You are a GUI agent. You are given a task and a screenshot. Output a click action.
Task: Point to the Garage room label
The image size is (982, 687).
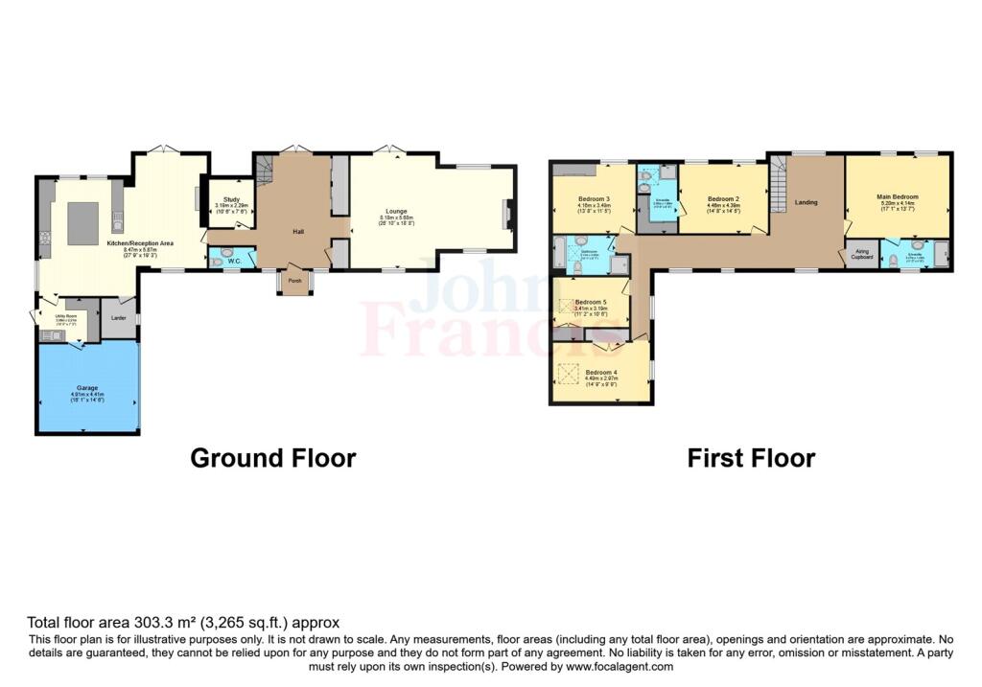point(86,387)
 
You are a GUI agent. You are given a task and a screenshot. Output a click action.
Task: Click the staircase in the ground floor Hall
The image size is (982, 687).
point(265,172)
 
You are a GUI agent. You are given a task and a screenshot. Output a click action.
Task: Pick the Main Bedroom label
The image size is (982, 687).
point(897,196)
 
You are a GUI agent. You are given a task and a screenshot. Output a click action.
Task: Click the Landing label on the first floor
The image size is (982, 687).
point(806,201)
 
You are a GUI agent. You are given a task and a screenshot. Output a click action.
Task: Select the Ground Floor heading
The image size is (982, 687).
point(273,458)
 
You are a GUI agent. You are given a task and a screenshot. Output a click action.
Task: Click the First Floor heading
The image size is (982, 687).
point(751,458)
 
